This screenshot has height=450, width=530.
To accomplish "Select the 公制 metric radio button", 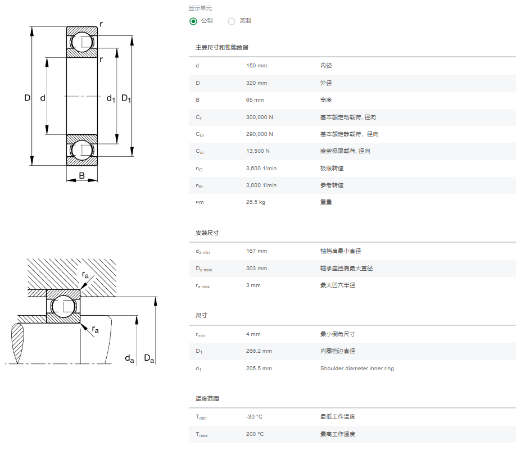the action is (193, 21).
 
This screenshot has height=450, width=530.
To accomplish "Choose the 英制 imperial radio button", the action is (232, 21).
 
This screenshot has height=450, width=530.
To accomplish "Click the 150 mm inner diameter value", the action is (256, 66).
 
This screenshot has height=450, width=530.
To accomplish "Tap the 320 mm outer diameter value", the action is (256, 83).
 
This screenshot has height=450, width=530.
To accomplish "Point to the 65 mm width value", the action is (255, 100).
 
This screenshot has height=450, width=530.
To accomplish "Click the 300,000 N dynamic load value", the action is (260, 117).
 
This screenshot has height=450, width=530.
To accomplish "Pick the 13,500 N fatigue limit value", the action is (258, 151).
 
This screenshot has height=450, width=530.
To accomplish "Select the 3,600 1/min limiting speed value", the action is (261, 168).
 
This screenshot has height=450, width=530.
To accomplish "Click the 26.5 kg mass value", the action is (256, 202).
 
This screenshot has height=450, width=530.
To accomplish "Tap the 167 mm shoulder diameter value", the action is (256, 251).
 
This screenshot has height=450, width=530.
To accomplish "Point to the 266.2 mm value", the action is (259, 351).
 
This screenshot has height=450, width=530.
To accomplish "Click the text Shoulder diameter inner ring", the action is (357, 368).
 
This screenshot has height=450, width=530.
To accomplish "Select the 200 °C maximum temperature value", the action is (255, 434).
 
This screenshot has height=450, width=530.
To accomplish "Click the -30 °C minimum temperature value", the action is (254, 416).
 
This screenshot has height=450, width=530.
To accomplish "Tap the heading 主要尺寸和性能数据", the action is (222, 47).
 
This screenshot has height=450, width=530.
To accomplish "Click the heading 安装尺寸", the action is (207, 233).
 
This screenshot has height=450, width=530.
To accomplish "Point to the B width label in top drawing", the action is (82, 176).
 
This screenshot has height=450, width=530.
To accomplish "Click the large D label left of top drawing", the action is (28, 98).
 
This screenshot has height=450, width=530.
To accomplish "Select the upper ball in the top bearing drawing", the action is (82, 42).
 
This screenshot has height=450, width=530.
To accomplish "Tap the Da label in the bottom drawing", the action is (149, 358).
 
